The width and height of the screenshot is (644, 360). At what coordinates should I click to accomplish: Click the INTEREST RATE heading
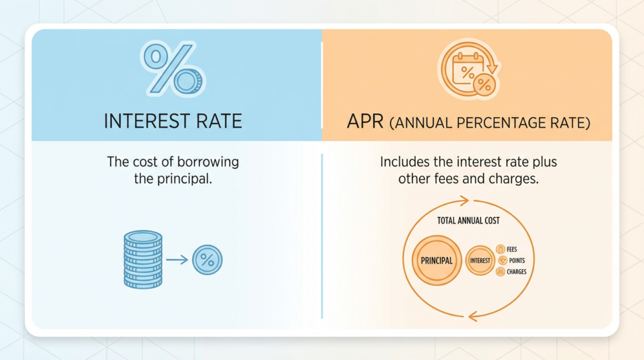coord(173,121)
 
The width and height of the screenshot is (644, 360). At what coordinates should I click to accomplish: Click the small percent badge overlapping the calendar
coord(483,85)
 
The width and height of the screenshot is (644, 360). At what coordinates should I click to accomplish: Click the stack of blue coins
coord(143,259)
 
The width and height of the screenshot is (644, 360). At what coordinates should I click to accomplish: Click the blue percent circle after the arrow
coord(207,259)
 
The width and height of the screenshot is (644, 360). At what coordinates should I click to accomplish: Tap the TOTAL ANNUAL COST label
coord(468,222)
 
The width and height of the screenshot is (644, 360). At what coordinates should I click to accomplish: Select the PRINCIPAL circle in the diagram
coord(435,260)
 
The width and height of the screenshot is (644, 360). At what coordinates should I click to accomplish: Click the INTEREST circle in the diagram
coord(480,260)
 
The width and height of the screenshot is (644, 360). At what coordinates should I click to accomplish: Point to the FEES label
coord(511,249)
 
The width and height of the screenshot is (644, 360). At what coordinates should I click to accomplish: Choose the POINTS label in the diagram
coord(515,260)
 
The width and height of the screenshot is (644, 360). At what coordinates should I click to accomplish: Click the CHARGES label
coord(516,272)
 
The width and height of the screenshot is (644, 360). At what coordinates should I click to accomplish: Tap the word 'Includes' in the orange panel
coord(404,162)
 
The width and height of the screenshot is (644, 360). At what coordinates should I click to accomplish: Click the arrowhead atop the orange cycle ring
coord(465,201)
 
